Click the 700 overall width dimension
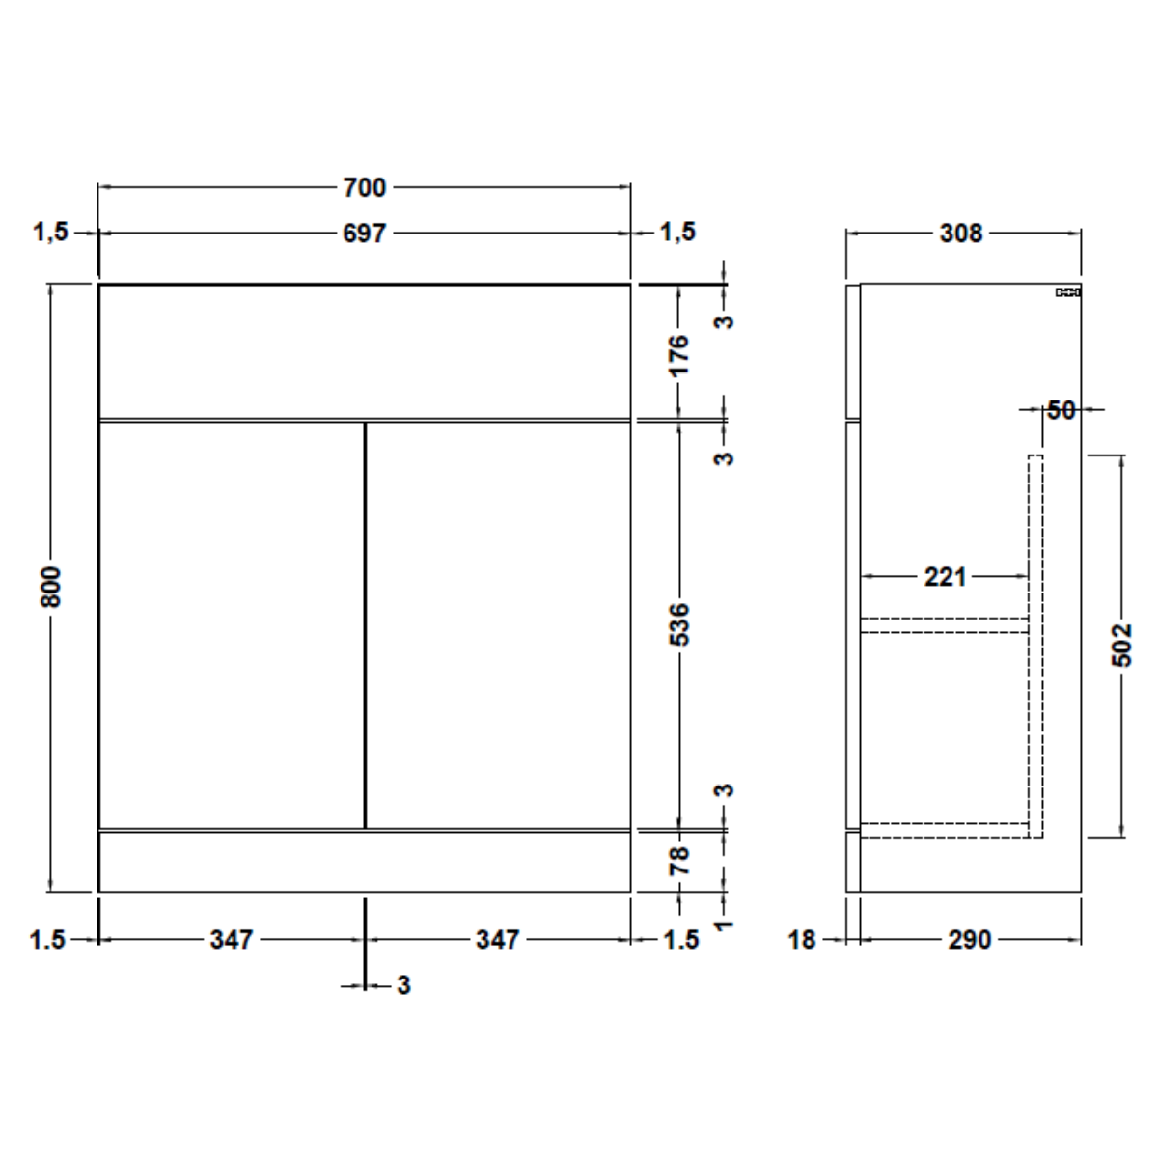tap(364, 187)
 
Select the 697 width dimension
tap(364, 234)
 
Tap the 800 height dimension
tap(52, 587)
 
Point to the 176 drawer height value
tap(679, 356)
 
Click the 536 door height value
tap(679, 624)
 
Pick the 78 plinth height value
tap(679, 861)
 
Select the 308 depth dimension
tap(961, 234)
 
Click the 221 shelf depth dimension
tap(945, 577)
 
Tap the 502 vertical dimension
tap(1121, 646)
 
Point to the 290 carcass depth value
tap(969, 940)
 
